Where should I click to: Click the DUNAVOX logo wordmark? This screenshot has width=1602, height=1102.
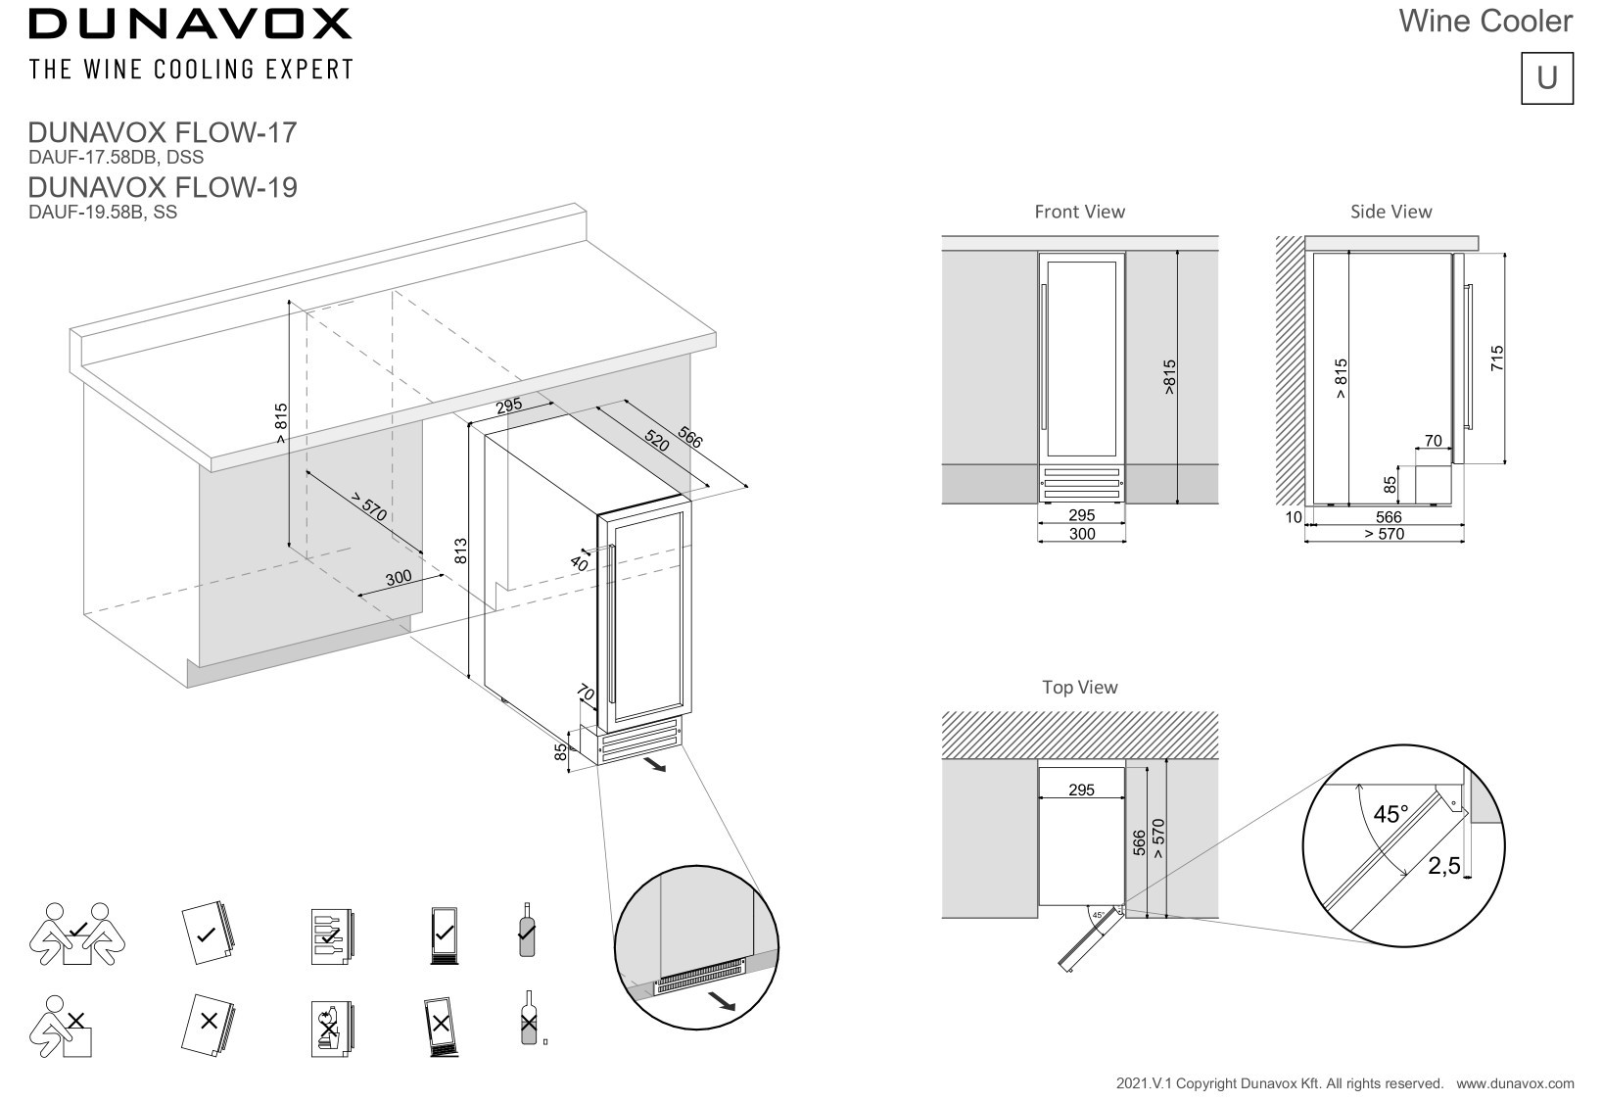(190, 24)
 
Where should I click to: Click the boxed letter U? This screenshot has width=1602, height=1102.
(1546, 77)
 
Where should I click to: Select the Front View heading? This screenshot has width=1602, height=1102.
(1079, 212)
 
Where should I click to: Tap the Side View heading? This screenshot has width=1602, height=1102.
(1390, 212)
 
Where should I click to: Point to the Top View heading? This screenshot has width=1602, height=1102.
(1079, 688)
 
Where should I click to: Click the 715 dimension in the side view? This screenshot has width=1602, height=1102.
(1496, 359)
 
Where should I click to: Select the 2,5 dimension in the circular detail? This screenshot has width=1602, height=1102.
(1443, 866)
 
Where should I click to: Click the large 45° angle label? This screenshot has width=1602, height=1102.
(1390, 815)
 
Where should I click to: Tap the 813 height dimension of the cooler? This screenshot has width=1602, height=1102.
(461, 551)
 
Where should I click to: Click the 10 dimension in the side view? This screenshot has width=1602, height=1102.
(1294, 517)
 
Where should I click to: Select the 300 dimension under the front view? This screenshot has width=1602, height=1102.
(1082, 534)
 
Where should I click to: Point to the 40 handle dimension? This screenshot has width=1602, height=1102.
(579, 563)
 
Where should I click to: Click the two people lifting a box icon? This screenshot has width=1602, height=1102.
(76, 935)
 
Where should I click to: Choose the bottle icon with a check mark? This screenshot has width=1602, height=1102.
(527, 930)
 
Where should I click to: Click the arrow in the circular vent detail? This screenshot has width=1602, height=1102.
(722, 1000)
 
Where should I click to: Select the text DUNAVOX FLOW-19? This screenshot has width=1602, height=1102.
(163, 187)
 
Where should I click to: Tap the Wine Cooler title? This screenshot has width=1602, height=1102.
(1484, 21)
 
